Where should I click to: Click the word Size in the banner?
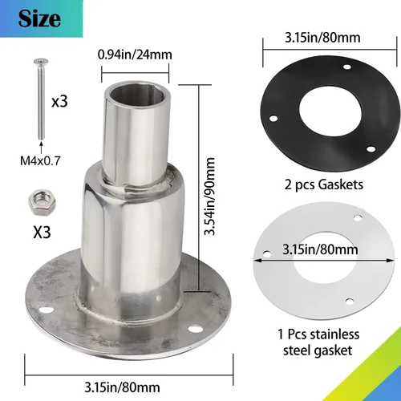(x=39, y=18)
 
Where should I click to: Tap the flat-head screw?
(x=41, y=99)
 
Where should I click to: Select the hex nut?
(x=42, y=203)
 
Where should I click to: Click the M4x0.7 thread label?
(x=40, y=161)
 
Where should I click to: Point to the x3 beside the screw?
(x=59, y=102)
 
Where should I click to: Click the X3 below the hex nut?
(x=42, y=232)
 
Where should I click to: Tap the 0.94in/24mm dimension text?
(x=135, y=55)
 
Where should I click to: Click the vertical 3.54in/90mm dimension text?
(x=209, y=196)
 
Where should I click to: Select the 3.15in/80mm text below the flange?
(x=122, y=387)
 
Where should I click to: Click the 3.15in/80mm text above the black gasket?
(x=322, y=38)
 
